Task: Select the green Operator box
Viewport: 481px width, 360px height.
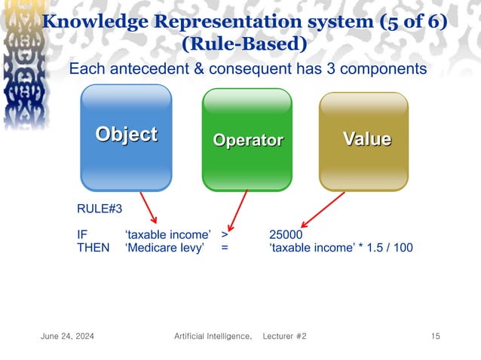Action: [x=247, y=139]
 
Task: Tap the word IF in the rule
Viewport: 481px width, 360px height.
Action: [x=82, y=234]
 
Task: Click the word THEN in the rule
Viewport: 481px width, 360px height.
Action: [x=93, y=248]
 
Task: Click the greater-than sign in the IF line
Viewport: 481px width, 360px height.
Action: [x=225, y=234]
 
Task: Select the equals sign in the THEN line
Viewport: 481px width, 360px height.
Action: [x=225, y=248]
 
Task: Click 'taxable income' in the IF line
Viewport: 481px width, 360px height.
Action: [x=167, y=234]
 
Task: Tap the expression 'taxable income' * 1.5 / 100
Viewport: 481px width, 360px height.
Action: [x=341, y=248]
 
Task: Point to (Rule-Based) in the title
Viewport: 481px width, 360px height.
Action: [x=244, y=44]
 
